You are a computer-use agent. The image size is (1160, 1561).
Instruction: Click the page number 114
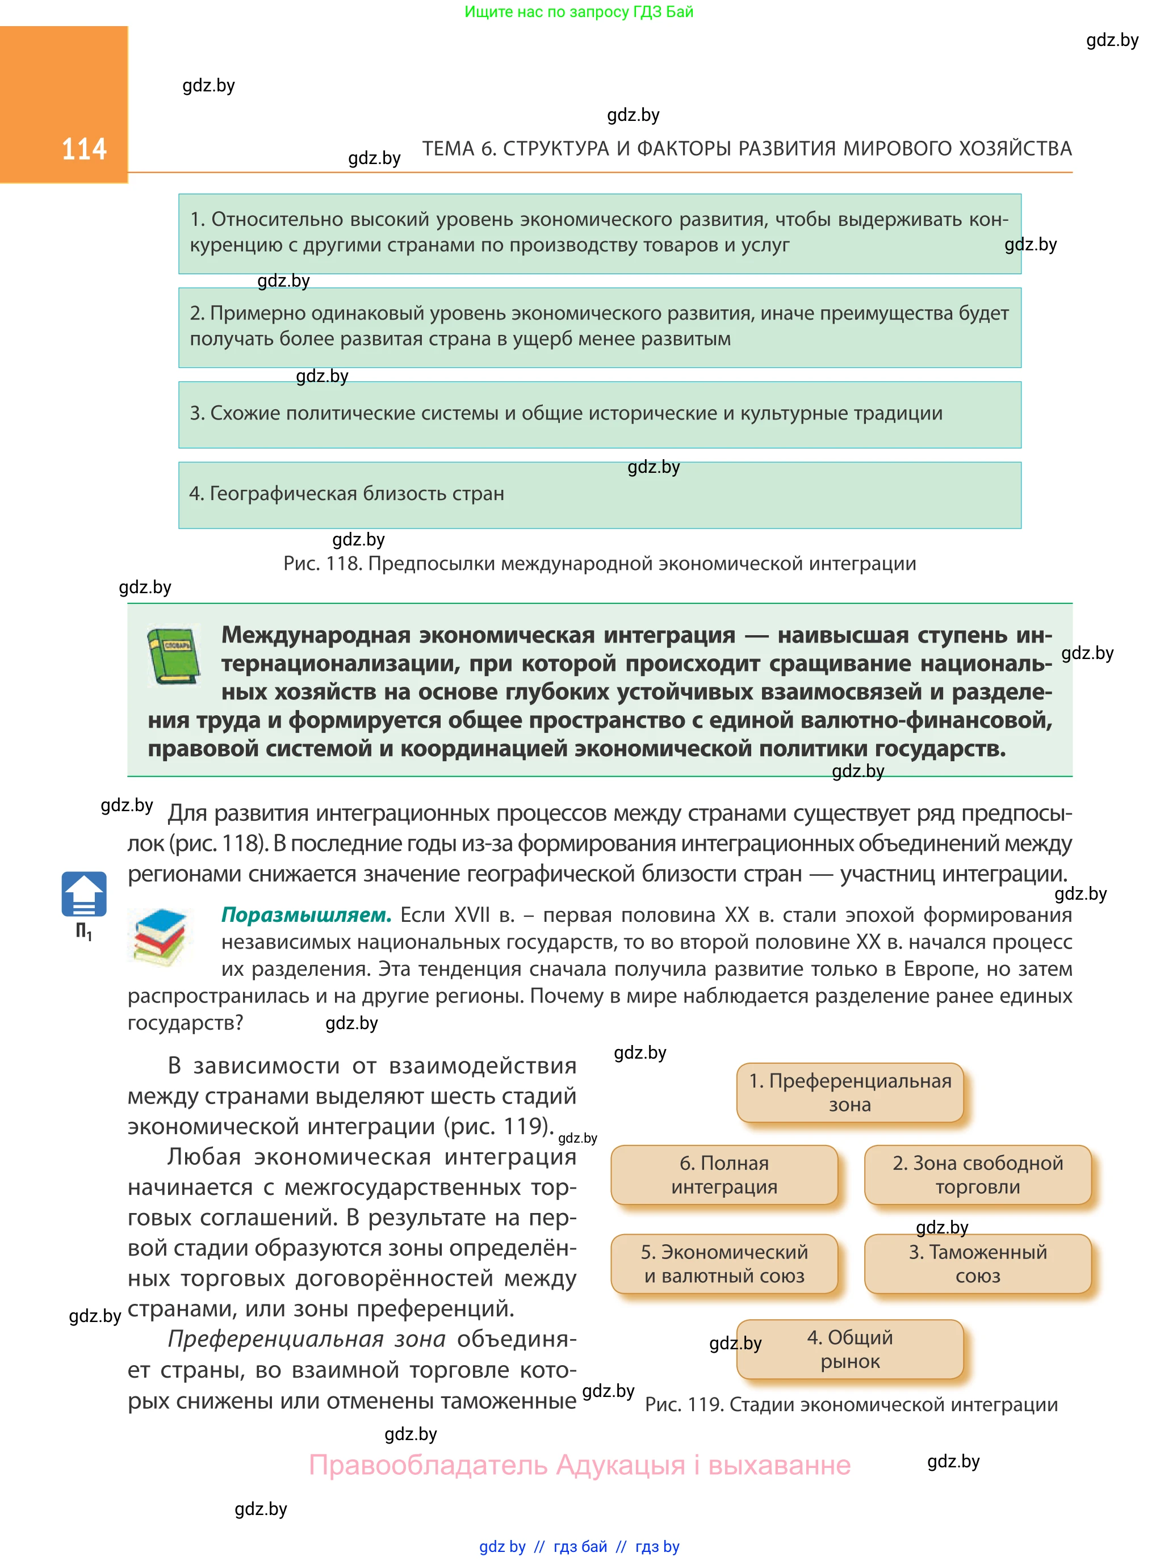(x=83, y=149)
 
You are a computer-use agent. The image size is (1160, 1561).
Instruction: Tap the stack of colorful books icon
(x=160, y=937)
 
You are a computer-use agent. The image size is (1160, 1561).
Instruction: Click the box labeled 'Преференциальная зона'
(x=849, y=1092)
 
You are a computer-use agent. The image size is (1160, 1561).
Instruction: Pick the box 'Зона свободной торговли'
(x=977, y=1174)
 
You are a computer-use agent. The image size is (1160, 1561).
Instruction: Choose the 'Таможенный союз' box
(x=977, y=1264)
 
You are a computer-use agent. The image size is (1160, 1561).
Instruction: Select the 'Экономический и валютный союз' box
(x=724, y=1264)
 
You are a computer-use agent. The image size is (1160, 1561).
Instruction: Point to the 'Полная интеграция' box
(x=724, y=1174)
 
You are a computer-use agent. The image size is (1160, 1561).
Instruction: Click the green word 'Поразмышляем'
(x=306, y=914)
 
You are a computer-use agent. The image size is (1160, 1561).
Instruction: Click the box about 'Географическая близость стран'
(x=600, y=494)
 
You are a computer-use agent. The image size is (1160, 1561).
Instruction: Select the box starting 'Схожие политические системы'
(x=600, y=414)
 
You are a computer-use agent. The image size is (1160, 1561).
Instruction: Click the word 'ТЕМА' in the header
(x=448, y=149)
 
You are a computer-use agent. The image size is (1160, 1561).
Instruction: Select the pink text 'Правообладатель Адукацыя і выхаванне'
(x=579, y=1466)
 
